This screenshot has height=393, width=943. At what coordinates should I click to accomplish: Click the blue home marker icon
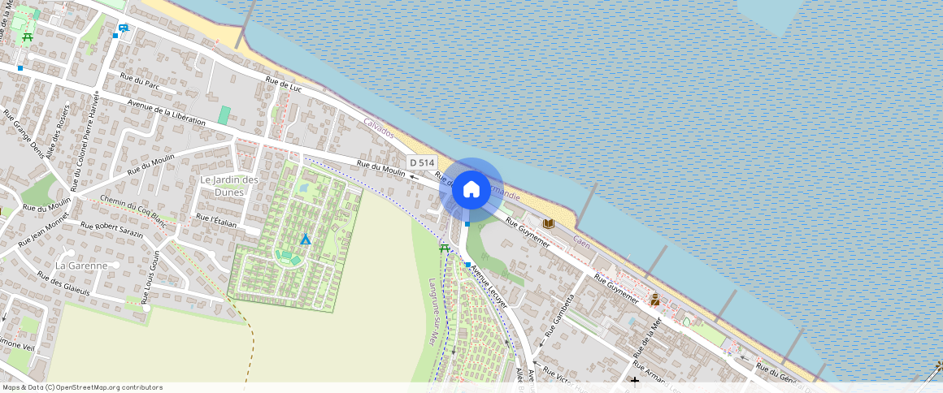[471, 189]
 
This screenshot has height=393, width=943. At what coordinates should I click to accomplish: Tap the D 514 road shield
[422, 162]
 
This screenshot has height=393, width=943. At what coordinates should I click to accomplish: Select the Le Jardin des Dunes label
[229, 186]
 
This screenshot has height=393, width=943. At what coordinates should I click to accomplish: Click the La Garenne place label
[81, 266]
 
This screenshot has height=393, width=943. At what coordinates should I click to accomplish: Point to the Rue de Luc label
[284, 83]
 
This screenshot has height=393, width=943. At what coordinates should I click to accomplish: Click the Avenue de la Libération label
[167, 113]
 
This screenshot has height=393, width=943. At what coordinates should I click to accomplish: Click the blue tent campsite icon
[306, 240]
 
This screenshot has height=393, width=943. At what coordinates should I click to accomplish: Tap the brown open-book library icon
[549, 223]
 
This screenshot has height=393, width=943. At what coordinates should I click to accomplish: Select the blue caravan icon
[123, 28]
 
